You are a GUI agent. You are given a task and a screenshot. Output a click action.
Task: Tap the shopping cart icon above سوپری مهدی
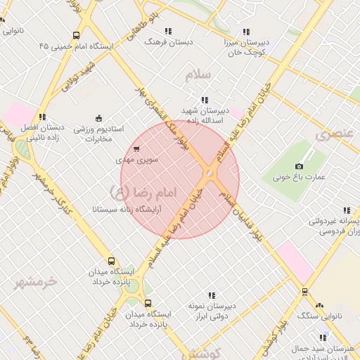(136, 148)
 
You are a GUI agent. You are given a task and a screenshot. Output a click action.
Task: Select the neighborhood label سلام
(199, 74)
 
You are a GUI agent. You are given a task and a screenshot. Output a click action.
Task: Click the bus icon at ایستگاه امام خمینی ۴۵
(76, 34)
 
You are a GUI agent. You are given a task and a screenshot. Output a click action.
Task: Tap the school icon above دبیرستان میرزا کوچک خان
(245, 32)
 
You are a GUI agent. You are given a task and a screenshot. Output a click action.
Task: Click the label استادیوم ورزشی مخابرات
(98, 134)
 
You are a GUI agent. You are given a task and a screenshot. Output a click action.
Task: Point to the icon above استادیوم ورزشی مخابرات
(98, 117)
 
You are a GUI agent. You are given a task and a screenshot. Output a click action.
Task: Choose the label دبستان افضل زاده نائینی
(42, 131)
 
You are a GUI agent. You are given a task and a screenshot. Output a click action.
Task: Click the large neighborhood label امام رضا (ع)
(143, 190)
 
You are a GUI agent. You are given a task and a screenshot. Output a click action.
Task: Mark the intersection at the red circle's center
(209, 173)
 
